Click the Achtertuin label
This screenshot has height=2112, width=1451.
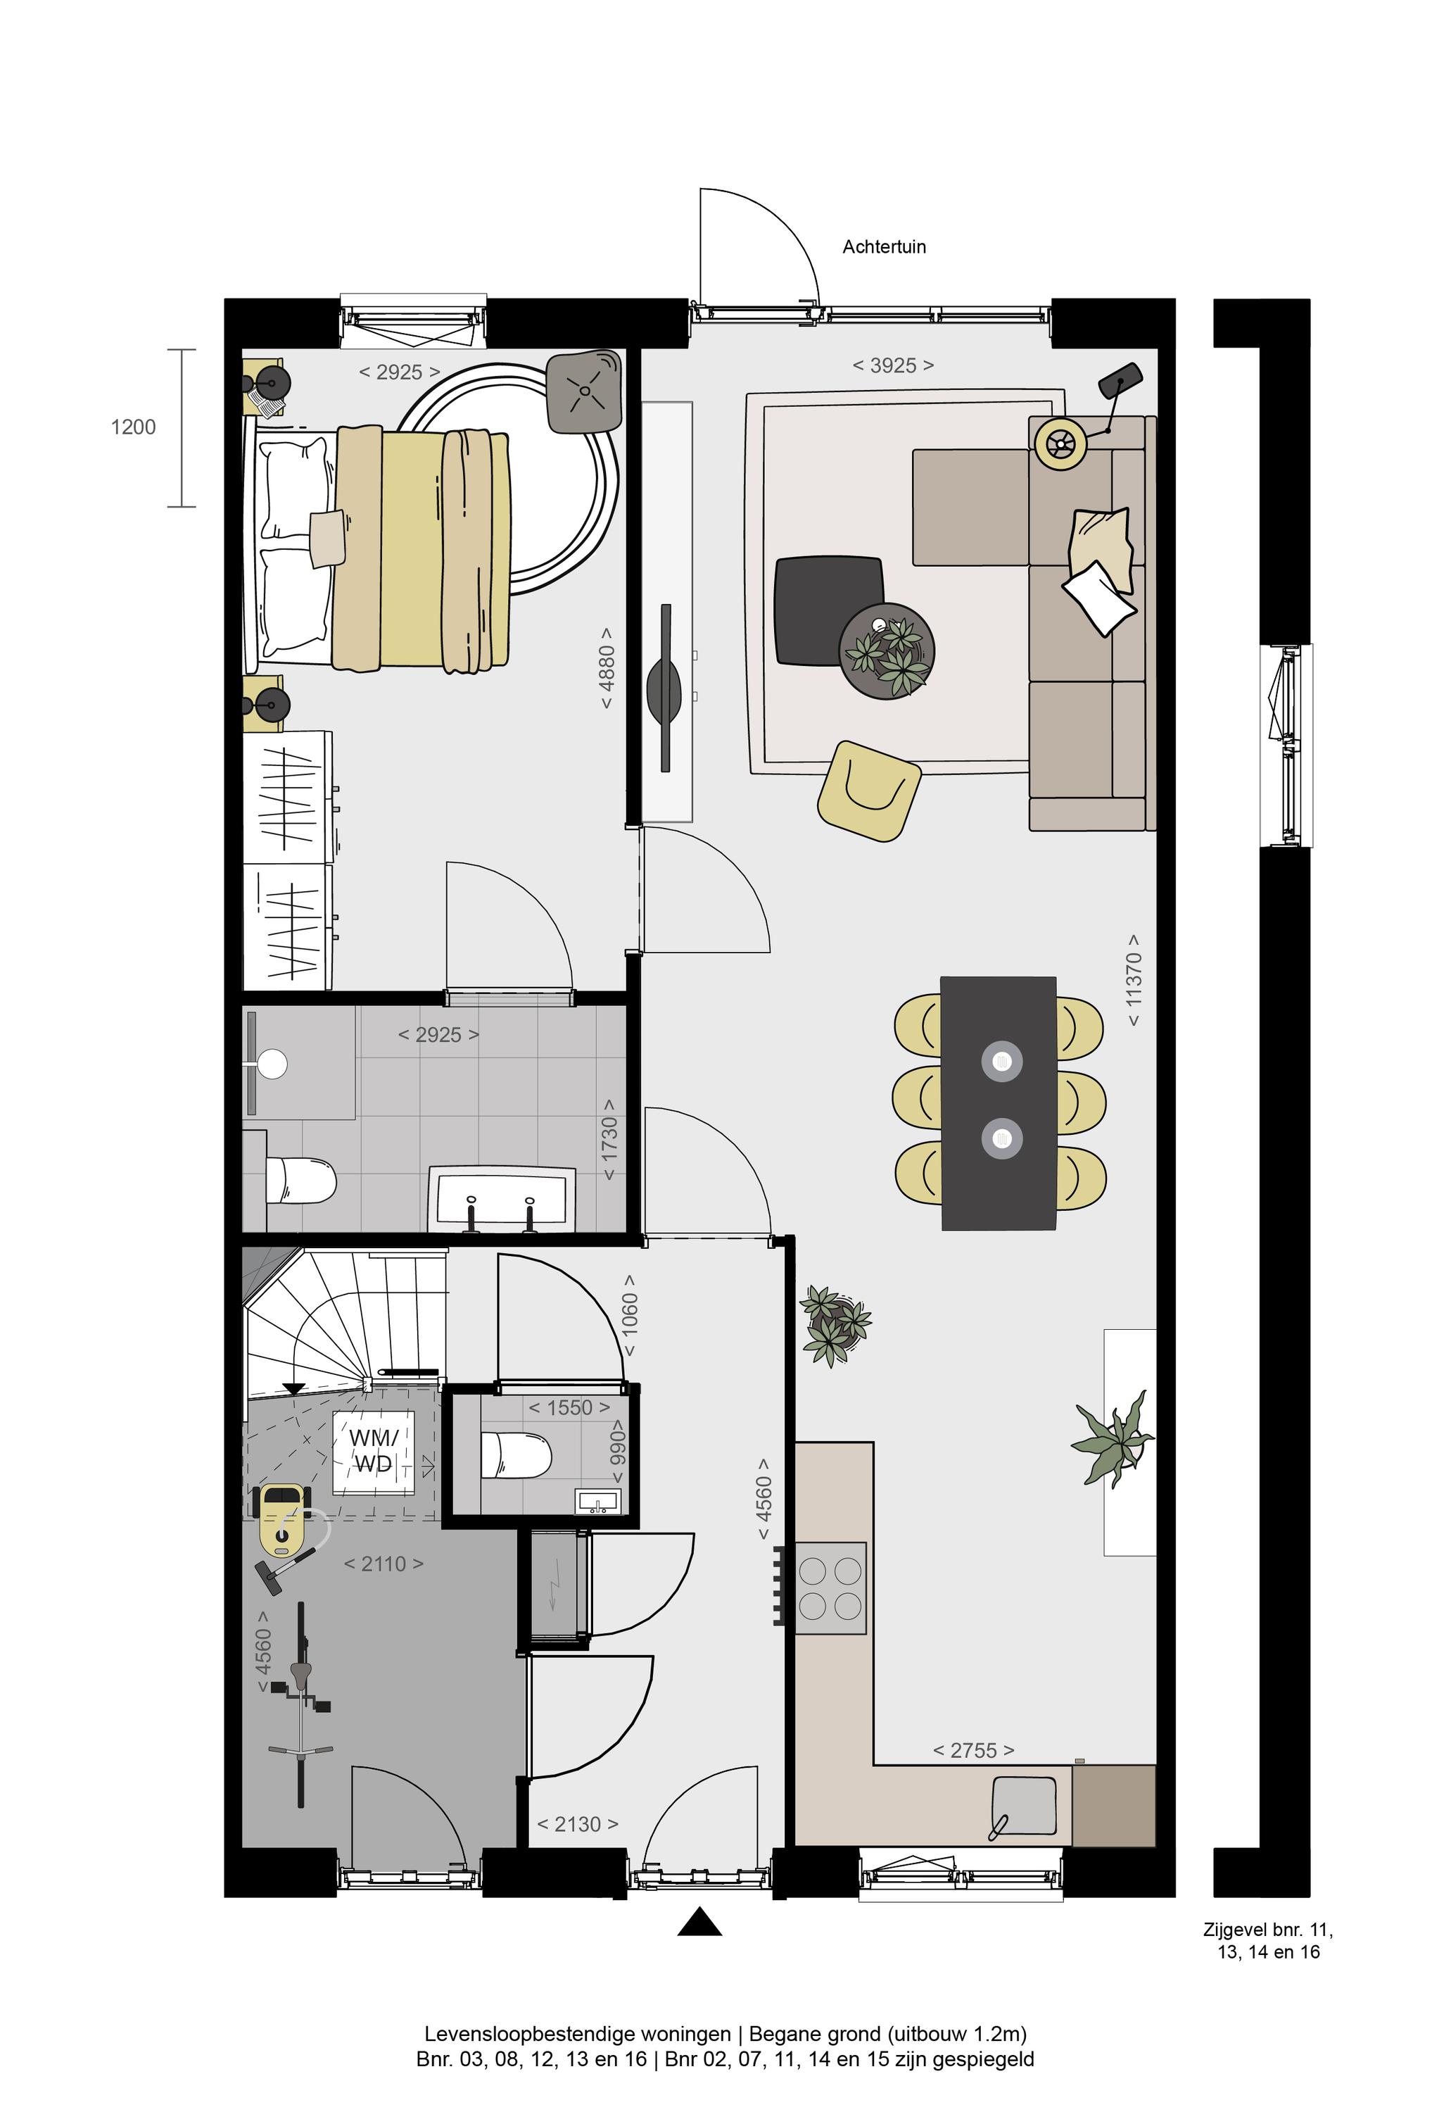(x=884, y=246)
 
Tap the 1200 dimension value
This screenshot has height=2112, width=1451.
(x=134, y=427)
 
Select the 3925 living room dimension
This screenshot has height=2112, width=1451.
(x=893, y=365)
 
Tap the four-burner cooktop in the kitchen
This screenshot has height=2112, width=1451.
(x=830, y=1589)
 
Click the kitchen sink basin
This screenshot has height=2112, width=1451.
(x=1024, y=1806)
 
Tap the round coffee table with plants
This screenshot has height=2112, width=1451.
(x=887, y=651)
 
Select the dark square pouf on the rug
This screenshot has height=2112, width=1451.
(x=828, y=611)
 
